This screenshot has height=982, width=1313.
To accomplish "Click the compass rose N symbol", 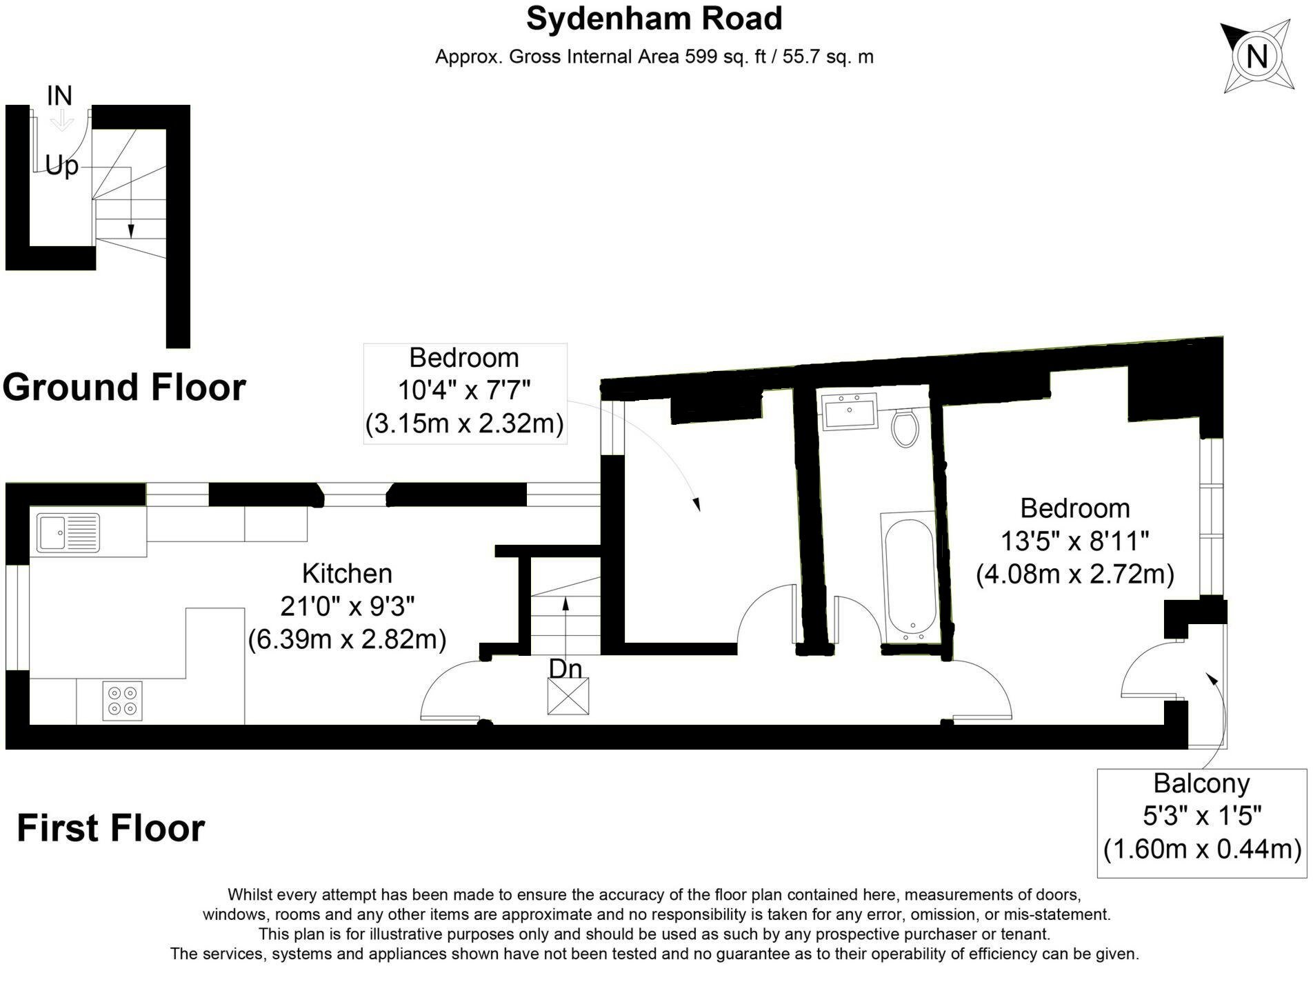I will (1256, 56).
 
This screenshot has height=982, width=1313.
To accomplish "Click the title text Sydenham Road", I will (654, 19).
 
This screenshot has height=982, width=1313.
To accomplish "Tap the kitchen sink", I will (68, 533).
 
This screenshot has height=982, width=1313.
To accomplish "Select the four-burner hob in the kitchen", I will (123, 701).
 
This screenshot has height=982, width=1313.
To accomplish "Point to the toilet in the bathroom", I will (904, 428).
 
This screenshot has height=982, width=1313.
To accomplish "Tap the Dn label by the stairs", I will (565, 668).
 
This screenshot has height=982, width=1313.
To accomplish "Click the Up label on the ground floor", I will (61, 166).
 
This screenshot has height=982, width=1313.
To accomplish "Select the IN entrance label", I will (59, 96).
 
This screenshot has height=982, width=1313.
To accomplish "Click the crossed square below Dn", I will (568, 696).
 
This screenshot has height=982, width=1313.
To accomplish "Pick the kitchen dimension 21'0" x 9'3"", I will (347, 606).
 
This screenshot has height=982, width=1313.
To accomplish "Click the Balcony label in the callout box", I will (1201, 783).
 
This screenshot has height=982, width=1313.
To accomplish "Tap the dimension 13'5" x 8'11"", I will (1074, 541).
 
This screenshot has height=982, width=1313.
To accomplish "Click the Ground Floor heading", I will (124, 387).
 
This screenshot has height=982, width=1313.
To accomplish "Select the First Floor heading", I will (110, 828).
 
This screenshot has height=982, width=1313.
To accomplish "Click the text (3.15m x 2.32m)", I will (464, 423).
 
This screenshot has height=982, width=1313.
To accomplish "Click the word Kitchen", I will (347, 574).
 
